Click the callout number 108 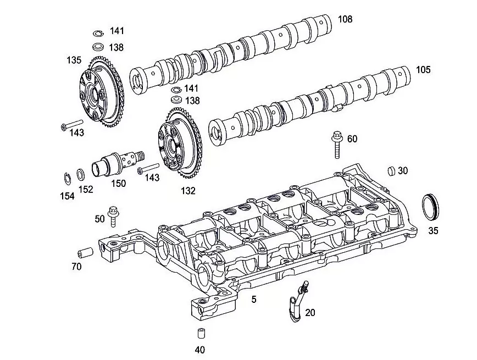coord(345,19)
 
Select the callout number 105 coord(423,70)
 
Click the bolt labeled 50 coord(113,217)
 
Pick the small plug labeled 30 coord(391,171)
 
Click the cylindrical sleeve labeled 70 coord(86,253)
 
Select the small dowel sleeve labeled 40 coord(201,333)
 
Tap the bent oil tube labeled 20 coord(297,300)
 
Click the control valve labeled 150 coord(118,164)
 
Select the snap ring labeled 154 coord(68,179)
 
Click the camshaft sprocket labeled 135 coord(102,91)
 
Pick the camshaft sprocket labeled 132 coord(180,143)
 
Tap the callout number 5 coord(254,300)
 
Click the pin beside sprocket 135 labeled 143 coord(72,124)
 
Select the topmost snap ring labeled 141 coord(98,33)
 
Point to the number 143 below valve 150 coord(152,177)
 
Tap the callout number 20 coord(310,313)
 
